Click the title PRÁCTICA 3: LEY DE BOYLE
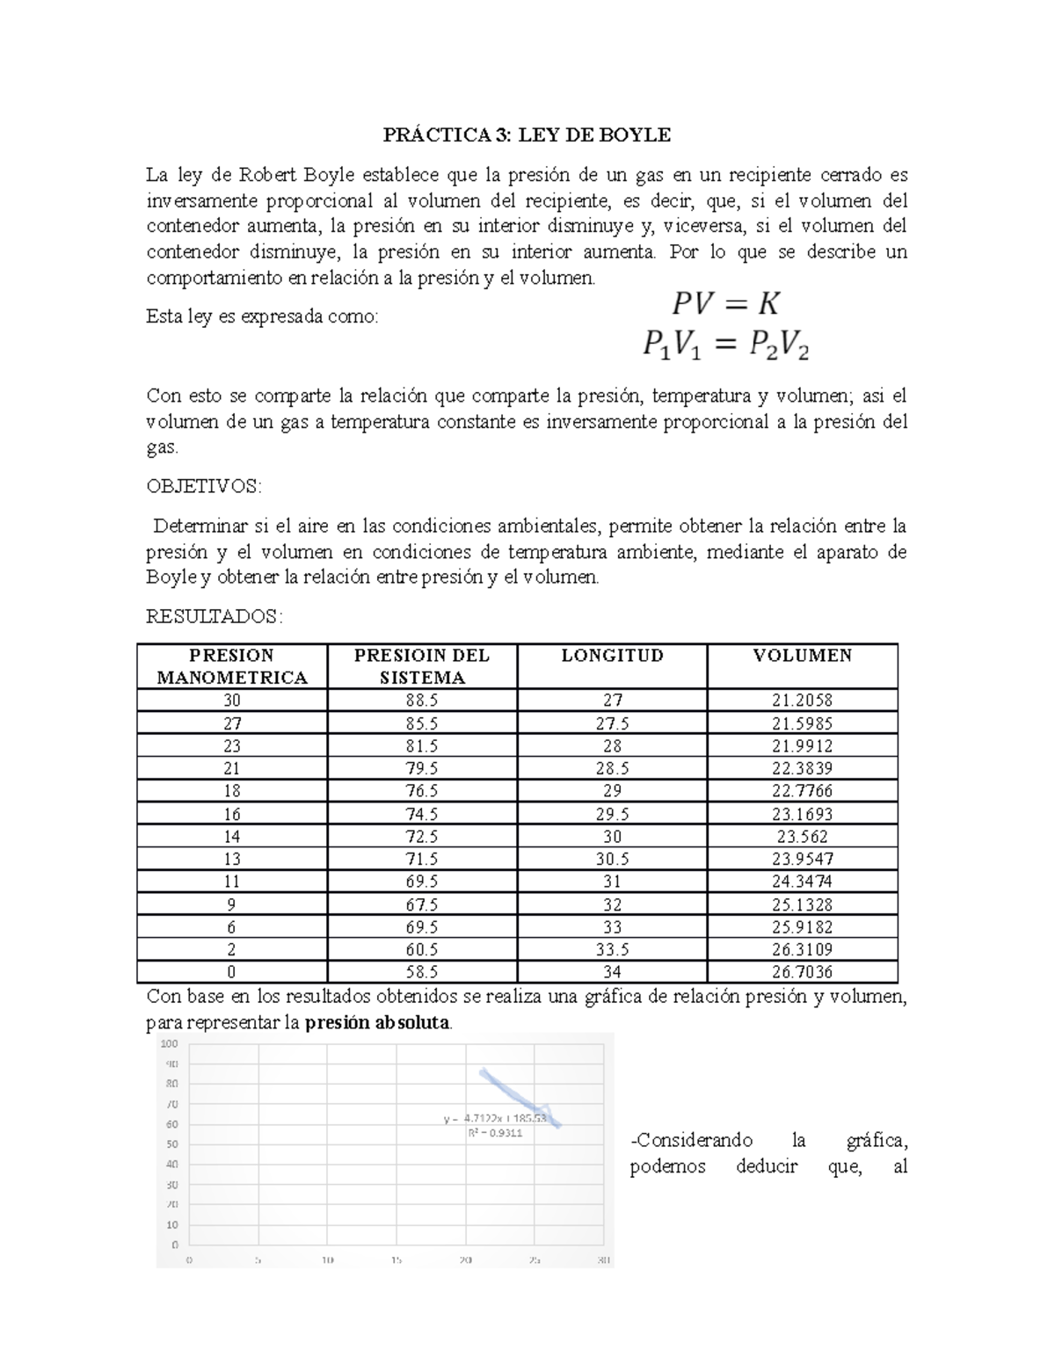click(x=527, y=134)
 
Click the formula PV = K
click(x=725, y=304)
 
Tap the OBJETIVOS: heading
click(x=203, y=487)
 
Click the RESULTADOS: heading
click(x=214, y=617)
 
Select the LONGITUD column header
click(x=612, y=656)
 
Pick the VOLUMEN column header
click(x=802, y=656)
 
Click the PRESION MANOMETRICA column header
click(x=232, y=666)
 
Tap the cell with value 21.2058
click(x=802, y=701)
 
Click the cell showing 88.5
click(x=422, y=701)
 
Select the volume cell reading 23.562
click(x=802, y=837)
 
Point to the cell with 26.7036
click(x=802, y=972)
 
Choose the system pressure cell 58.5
click(x=422, y=972)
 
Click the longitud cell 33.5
click(x=612, y=949)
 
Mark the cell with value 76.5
click(x=422, y=791)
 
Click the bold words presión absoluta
click(x=376, y=1023)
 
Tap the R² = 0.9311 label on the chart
click(x=495, y=1133)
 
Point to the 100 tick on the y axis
click(x=169, y=1044)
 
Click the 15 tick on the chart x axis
click(x=397, y=1260)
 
